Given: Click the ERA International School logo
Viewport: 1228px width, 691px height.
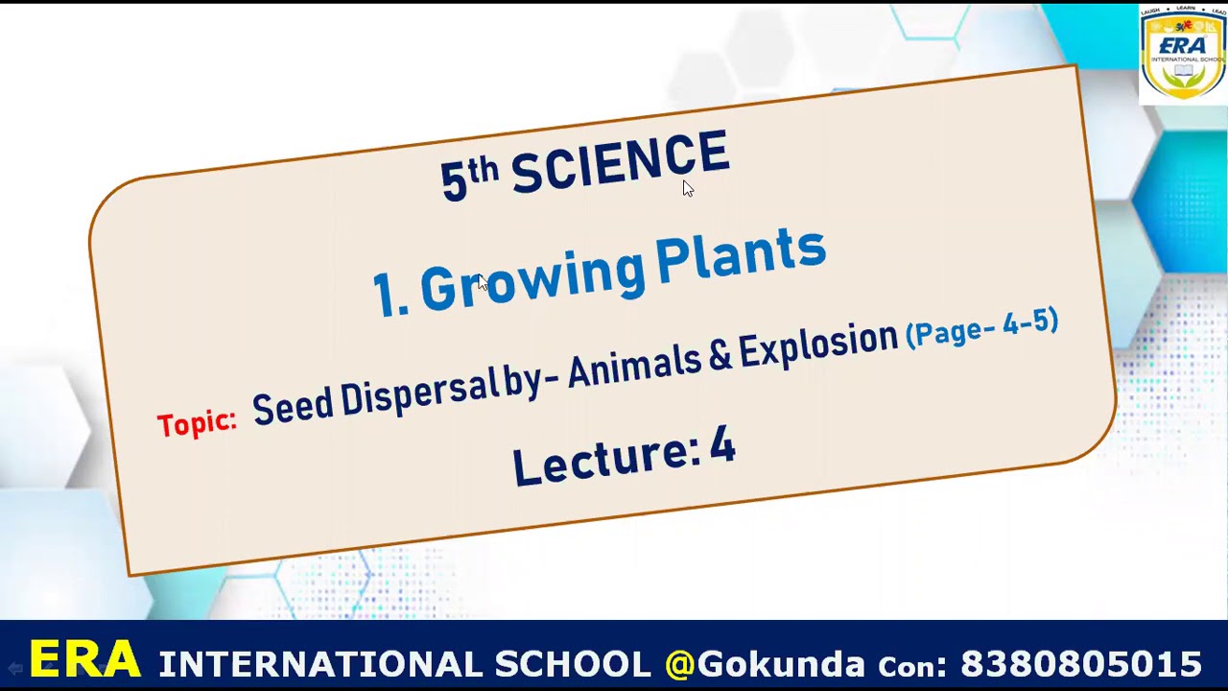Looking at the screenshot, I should point(1182,54).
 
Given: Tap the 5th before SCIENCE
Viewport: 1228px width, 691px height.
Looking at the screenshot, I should point(469,178).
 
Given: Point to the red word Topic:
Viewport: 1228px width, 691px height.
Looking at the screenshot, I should point(197,423).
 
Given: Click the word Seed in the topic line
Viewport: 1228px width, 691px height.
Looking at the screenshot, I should point(293,406).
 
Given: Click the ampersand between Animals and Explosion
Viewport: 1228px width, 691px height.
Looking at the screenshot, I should point(720,354).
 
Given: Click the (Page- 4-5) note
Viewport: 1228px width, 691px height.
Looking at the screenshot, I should point(981,327).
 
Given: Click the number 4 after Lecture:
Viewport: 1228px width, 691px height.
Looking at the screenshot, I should point(721,446).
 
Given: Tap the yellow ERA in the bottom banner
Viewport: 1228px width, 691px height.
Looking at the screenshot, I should point(84,660).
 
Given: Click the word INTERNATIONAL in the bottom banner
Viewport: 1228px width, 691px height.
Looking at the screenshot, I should point(320,664).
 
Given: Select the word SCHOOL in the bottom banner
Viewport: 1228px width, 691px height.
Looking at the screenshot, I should point(572,664).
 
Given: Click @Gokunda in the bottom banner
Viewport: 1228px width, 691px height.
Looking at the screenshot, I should point(765,664).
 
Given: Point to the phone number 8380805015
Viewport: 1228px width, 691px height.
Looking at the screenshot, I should point(1080,664).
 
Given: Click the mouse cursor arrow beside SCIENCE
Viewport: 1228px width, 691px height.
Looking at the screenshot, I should point(687,187).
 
